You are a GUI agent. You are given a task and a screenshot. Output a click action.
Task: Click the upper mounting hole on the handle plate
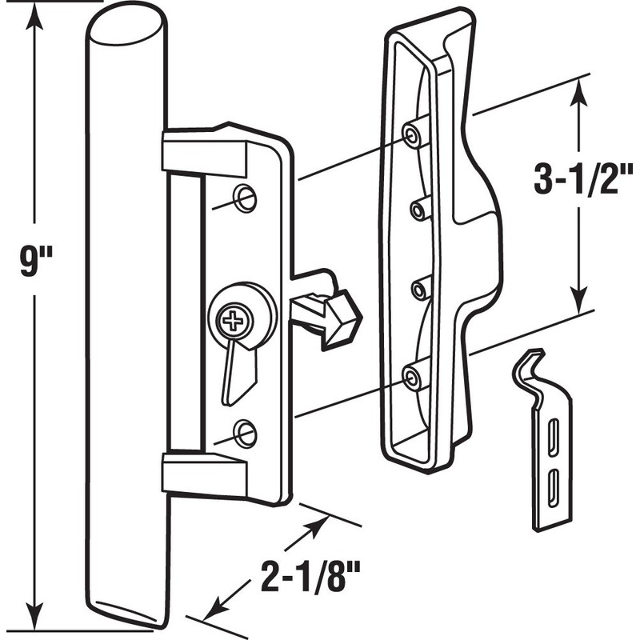[x=246, y=198]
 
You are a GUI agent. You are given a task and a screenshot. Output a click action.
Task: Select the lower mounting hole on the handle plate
[x=246, y=433]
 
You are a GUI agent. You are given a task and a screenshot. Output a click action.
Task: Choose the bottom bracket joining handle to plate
[x=204, y=474]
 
